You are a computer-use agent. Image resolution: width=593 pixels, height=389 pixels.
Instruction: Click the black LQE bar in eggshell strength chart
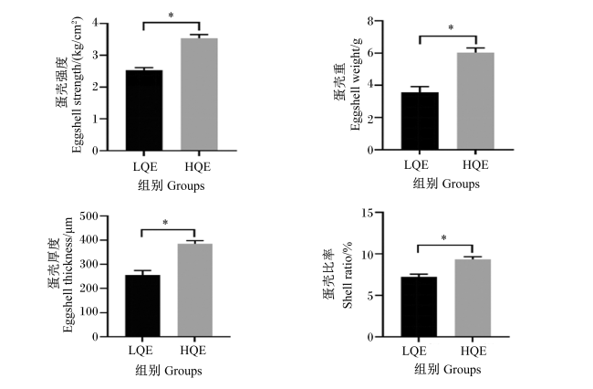click(x=144, y=110)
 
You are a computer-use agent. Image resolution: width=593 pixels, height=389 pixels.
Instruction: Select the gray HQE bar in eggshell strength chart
click(x=199, y=95)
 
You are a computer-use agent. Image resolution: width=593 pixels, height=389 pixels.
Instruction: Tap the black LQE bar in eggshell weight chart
click(x=421, y=121)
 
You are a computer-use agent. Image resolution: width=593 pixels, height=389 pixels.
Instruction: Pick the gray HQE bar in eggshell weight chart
click(x=475, y=101)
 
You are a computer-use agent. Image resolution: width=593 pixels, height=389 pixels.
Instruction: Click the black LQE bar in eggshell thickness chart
click(x=142, y=306)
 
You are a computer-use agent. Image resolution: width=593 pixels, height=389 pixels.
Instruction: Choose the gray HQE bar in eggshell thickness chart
click(x=195, y=290)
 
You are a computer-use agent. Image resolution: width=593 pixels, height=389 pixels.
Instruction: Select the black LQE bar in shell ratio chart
click(x=419, y=307)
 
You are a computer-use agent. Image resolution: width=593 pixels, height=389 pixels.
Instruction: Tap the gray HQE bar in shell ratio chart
click(x=473, y=298)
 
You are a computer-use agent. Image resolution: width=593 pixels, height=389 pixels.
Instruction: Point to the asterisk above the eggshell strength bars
click(x=171, y=16)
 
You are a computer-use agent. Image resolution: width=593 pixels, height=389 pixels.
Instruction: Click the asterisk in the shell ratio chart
click(x=444, y=238)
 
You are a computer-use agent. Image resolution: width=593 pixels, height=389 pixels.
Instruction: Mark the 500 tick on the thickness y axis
click(x=89, y=216)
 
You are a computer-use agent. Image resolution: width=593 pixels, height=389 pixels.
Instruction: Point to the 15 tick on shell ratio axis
click(x=368, y=213)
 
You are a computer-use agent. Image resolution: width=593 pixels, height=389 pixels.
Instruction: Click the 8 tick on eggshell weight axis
click(x=370, y=21)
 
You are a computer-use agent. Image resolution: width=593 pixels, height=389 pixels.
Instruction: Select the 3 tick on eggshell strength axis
click(x=95, y=56)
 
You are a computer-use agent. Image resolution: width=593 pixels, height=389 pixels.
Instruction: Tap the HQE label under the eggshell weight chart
click(x=475, y=165)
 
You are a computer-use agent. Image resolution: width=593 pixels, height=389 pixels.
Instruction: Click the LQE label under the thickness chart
click(x=140, y=351)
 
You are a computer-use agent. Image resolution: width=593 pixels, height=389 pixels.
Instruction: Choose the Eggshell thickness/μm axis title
click(x=68, y=275)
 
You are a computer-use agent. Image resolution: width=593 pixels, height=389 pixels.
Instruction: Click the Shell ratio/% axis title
click(x=348, y=275)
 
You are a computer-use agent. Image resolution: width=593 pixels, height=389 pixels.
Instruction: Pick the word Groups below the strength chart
click(x=186, y=185)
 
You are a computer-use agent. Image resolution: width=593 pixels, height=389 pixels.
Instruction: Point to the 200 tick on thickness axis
click(x=89, y=289)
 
